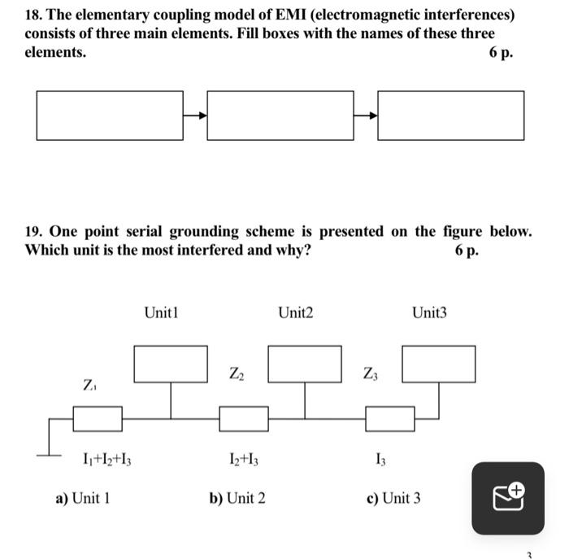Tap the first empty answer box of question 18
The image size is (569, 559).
click(110, 115)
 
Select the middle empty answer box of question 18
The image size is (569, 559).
click(280, 115)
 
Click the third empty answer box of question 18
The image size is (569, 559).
click(451, 115)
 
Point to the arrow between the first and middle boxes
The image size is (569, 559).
click(195, 115)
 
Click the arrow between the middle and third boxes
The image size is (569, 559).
click(366, 115)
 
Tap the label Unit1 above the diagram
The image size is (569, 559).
click(161, 312)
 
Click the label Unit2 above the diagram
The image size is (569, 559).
click(295, 312)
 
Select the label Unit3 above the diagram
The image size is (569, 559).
click(429, 312)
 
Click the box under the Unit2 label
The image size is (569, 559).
click(305, 364)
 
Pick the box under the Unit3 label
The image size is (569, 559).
click(439, 364)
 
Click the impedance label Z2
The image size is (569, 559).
click(236, 373)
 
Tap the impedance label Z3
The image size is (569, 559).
click(371, 373)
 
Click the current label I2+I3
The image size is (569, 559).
click(245, 461)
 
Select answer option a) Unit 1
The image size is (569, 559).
click(82, 498)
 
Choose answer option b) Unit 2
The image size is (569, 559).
click(237, 498)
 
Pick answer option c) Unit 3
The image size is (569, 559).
click(393, 498)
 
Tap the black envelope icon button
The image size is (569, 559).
click(508, 498)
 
